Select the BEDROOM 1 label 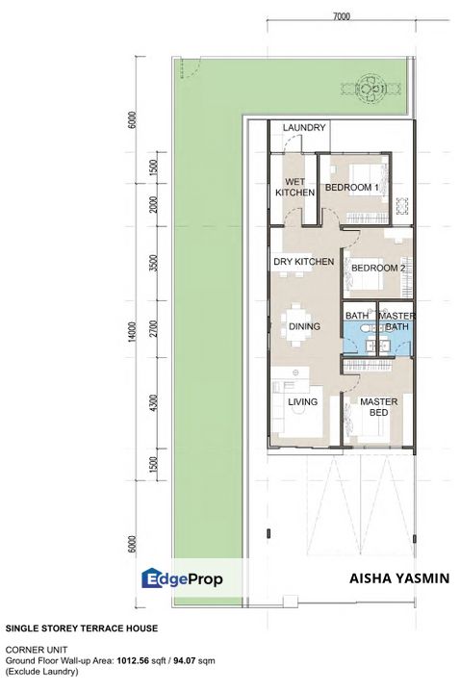click(351, 187)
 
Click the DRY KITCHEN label click(303, 262)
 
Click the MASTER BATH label click(396, 321)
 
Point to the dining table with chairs click(294, 321)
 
